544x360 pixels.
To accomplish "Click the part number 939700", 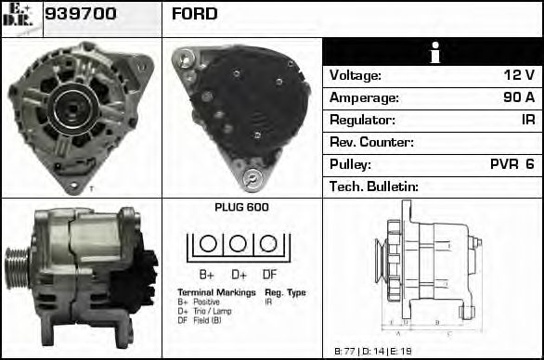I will pos(81,14).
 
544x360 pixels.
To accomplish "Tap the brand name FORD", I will pos(194,14).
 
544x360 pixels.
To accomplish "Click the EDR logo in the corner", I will pos(20,18).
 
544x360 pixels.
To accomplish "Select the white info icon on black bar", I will pos(433,52).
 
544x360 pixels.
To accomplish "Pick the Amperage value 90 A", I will pos(517,97).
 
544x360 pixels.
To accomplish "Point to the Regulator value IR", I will pos(527,120).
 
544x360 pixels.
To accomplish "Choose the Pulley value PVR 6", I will pos(512,164).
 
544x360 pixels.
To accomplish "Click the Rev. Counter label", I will pos(371,142).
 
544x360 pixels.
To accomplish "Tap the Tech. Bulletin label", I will pos(374,186).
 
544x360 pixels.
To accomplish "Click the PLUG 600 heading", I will pos(240,208).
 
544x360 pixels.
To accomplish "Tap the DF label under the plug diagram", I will pos(269,275).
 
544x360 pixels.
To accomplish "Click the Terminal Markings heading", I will pos(216,292).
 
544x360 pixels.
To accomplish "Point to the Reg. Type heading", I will pos(285,292).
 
